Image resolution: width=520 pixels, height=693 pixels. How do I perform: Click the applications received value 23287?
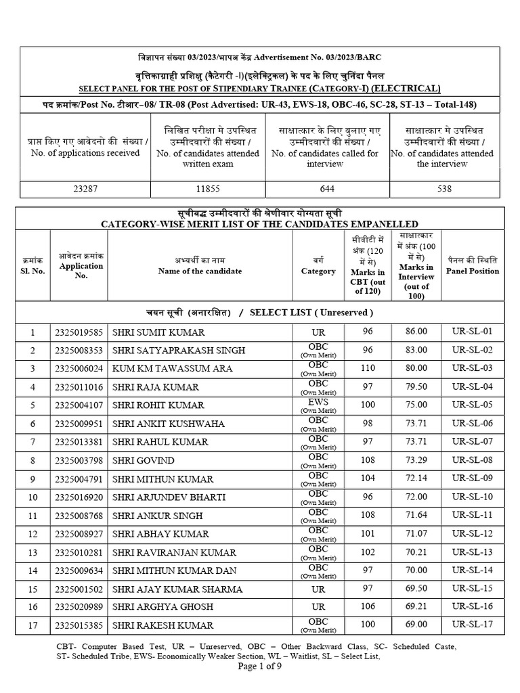[85, 189]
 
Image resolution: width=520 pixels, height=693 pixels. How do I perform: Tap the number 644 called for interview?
[327, 189]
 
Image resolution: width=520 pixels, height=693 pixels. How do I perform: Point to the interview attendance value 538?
[444, 189]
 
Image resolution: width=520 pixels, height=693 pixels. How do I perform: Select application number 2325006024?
[79, 368]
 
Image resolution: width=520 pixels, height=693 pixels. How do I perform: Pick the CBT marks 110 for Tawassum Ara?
[368, 368]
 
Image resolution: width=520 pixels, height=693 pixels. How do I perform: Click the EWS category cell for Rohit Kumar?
[318, 405]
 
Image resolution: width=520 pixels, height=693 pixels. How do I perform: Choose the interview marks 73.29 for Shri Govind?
[416, 460]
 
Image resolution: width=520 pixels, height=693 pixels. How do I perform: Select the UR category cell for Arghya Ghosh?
[318, 607]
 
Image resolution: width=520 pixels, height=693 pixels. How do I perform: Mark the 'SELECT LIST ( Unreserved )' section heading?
[311, 312]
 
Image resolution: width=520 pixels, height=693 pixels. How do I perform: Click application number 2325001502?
[79, 589]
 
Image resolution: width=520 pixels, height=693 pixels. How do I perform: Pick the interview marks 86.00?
[416, 332]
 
